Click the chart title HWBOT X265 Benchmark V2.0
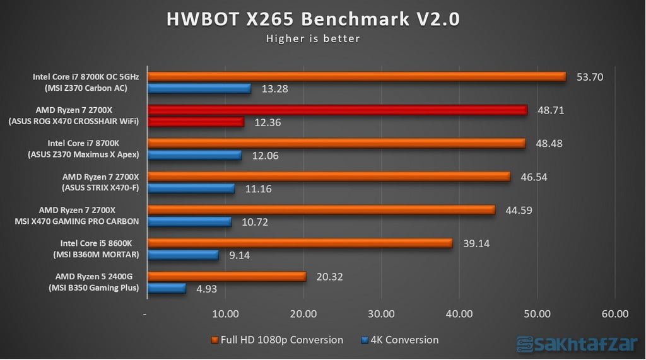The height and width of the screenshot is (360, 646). (x=313, y=19)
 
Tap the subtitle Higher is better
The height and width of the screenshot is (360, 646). (x=313, y=38)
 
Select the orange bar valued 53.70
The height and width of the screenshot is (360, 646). (x=356, y=76)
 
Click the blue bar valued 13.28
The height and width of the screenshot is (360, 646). (x=199, y=88)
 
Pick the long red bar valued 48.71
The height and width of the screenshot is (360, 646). (x=337, y=110)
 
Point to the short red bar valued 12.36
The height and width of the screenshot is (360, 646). (x=195, y=122)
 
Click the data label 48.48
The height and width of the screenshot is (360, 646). (x=548, y=143)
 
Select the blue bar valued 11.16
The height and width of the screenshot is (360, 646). (x=191, y=188)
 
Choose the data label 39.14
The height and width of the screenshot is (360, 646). (x=476, y=243)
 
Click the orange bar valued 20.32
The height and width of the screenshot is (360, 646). (x=226, y=276)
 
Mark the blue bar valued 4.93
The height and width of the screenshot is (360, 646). (x=167, y=288)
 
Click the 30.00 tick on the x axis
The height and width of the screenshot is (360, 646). (x=381, y=313)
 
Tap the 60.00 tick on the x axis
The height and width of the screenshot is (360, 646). (x=615, y=313)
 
